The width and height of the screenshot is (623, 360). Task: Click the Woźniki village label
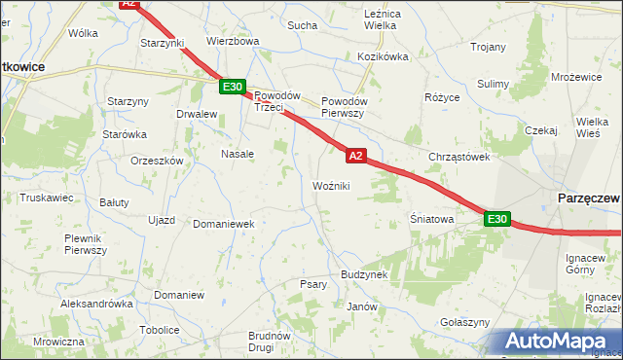(x=331, y=185)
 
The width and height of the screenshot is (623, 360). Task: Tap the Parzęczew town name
(x=587, y=198)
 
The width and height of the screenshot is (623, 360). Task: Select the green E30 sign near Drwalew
(x=232, y=88)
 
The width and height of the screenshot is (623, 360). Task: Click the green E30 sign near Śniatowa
(x=496, y=220)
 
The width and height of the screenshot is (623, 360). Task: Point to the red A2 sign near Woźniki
(x=355, y=156)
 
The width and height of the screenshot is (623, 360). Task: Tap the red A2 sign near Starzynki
(x=130, y=4)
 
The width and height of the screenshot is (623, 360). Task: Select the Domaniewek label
(x=223, y=223)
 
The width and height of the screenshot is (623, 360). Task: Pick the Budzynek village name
(x=364, y=274)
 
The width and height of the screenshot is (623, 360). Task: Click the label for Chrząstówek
(x=458, y=156)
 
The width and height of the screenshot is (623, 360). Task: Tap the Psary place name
(x=312, y=284)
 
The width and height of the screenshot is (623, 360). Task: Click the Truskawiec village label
(x=47, y=197)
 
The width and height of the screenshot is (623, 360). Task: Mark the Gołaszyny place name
(x=464, y=322)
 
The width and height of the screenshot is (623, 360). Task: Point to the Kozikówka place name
(x=383, y=56)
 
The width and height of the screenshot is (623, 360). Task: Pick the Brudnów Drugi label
(x=269, y=342)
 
